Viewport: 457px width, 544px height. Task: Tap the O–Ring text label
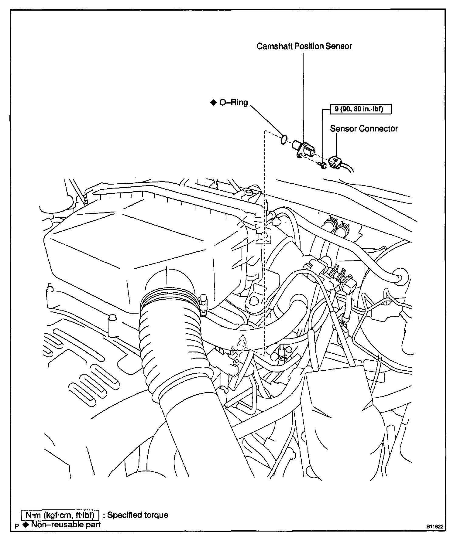(x=233, y=103)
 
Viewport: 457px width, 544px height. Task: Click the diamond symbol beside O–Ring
(x=213, y=102)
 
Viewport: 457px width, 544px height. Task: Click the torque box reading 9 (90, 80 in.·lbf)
(x=361, y=109)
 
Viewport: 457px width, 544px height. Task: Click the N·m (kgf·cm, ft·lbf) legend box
(x=60, y=515)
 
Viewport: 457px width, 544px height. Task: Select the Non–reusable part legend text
(x=66, y=524)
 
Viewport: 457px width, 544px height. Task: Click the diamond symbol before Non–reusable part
(x=26, y=524)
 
